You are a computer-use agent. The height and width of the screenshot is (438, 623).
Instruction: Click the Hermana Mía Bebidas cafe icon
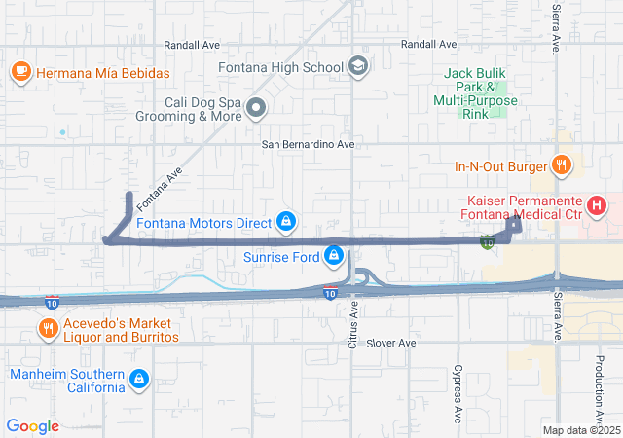coord(21,72)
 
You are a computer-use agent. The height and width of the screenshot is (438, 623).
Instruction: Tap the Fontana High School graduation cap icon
coord(358,67)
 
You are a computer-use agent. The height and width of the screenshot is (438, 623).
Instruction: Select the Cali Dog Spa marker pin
coord(256,108)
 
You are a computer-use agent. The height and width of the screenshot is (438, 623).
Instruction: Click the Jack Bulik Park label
coord(477,93)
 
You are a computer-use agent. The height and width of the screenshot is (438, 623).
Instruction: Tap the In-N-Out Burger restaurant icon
coord(561,166)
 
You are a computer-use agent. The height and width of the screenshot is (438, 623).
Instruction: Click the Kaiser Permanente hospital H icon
coord(596,206)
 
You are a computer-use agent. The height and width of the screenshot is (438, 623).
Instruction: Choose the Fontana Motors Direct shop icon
coord(286,223)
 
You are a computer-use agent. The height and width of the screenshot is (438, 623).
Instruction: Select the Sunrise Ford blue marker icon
coord(334,256)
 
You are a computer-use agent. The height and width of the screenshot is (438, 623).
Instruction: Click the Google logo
coord(33,426)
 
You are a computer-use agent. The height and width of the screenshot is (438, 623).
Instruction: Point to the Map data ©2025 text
coord(581,430)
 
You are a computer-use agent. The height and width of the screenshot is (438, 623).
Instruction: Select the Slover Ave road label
coord(392,344)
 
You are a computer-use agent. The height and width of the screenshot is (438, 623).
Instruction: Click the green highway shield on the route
coord(487,241)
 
